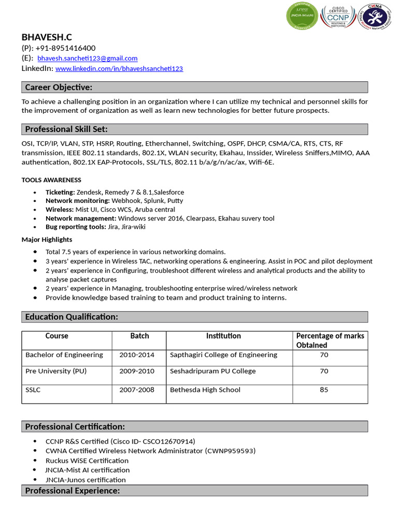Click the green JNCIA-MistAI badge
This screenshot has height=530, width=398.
point(302,16)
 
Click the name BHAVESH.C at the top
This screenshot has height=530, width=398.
point(47,37)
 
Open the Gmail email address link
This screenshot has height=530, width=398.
point(87,58)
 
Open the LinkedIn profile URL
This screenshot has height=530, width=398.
point(119,68)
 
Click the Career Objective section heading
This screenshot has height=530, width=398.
point(59,87)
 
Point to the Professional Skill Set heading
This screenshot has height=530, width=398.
point(66,129)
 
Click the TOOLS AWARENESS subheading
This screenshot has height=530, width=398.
point(51,180)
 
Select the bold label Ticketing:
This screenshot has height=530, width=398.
point(60,192)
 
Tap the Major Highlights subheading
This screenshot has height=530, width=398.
point(47,240)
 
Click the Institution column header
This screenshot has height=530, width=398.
point(223,336)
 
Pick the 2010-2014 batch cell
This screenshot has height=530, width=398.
point(137,355)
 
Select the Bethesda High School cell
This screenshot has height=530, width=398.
point(205,390)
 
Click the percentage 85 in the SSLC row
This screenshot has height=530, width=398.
point(324,390)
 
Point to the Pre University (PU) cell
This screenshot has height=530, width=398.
point(56,371)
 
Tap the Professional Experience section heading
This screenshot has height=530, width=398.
point(73,491)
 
